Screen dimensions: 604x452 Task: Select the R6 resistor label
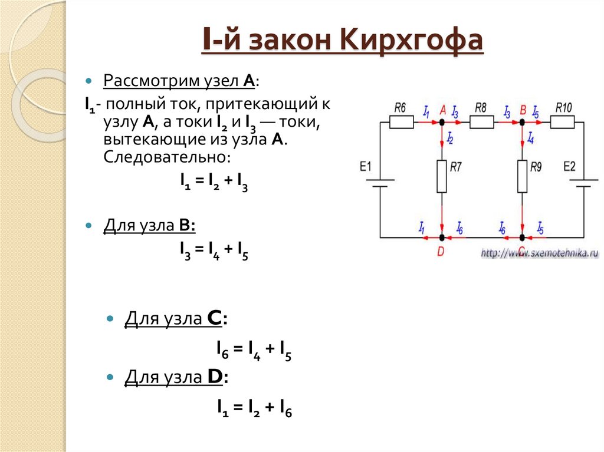[399, 108]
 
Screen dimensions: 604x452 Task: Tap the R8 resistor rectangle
[481, 122]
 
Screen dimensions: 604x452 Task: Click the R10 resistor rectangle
[562, 122]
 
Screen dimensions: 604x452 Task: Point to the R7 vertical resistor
[442, 176]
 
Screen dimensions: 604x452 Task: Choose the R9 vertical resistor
[523, 176]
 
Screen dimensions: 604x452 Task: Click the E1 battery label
[366, 167]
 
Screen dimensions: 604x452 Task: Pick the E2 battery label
[569, 166]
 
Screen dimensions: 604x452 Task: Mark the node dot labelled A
[442, 122]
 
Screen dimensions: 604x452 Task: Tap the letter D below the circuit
[441, 251]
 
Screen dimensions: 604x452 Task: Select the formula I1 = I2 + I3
[214, 183]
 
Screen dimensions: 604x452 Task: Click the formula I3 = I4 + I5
[214, 251]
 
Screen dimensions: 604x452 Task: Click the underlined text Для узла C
[175, 319]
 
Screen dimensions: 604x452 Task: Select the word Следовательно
[168, 157]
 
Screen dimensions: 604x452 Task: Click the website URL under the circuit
[540, 253]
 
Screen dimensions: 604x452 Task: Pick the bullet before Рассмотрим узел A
[89, 80]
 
